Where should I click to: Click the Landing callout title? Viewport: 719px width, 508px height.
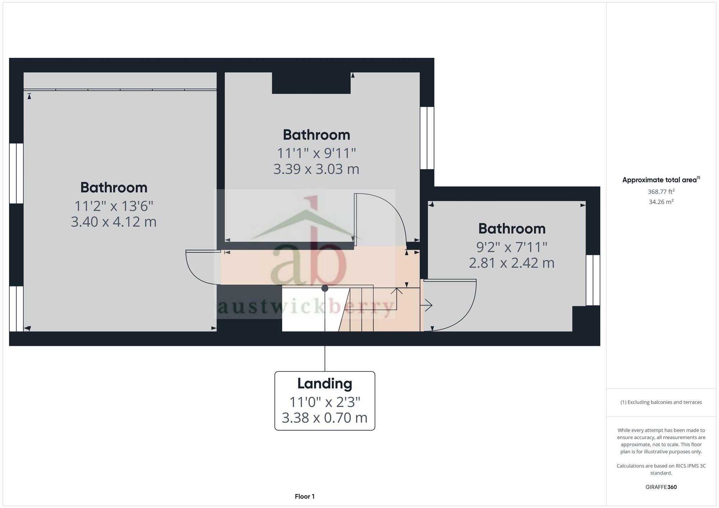pos(325,383)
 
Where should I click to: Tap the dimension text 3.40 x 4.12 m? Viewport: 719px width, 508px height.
pos(114,222)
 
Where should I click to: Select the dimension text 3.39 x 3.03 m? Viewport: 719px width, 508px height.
pos(316,169)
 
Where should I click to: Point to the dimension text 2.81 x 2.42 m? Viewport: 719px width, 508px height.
pos(512,263)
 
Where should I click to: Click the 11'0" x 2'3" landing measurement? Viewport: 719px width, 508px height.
pos(325,402)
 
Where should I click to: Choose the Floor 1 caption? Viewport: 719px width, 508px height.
pos(304,497)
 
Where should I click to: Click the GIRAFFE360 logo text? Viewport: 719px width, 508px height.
pos(661,487)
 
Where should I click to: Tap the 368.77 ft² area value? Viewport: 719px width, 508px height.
pos(661,192)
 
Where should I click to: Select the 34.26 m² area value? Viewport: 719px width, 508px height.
pos(661,202)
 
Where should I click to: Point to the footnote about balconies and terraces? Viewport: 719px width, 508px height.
pos(661,402)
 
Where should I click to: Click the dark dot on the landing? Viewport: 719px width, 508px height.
pos(325,288)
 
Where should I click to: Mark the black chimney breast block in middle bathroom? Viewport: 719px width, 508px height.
pos(311,83)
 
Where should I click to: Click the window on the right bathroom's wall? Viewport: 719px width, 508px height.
pos(593,280)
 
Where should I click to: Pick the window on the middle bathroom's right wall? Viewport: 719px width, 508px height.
pos(427,138)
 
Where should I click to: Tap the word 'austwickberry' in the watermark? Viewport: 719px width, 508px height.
pos(306,307)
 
